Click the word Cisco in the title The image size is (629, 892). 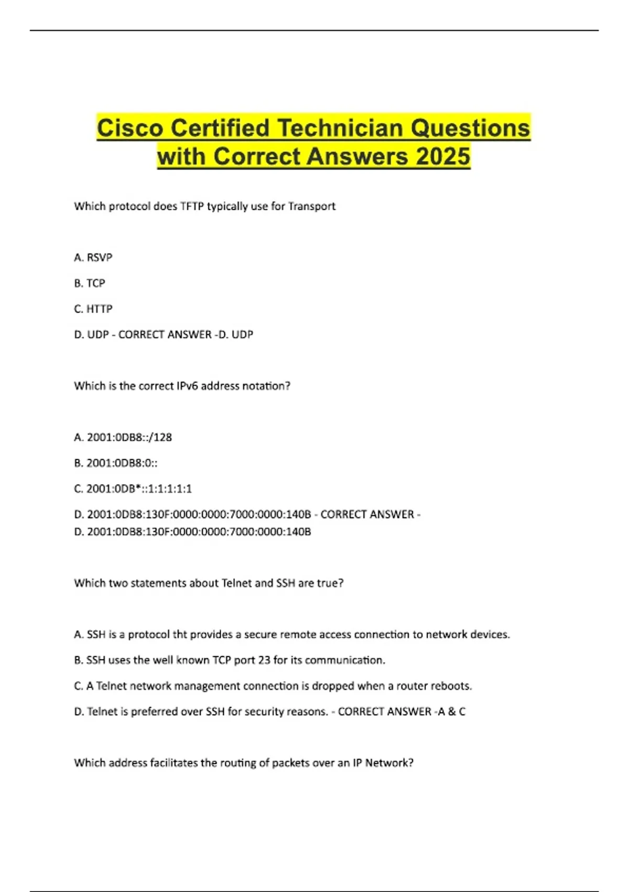[x=130, y=128]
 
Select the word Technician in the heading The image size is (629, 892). [x=341, y=128]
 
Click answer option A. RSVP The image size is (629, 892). [x=93, y=258]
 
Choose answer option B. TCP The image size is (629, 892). [x=90, y=283]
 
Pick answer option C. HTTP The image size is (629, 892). [x=93, y=309]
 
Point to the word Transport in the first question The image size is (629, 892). [x=312, y=206]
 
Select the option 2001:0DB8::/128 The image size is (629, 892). [x=129, y=437]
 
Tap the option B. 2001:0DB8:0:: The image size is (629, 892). [x=116, y=463]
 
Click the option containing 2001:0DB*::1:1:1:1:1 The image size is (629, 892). [x=133, y=489]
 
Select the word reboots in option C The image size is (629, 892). [x=453, y=686]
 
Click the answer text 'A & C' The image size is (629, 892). [x=451, y=712]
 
